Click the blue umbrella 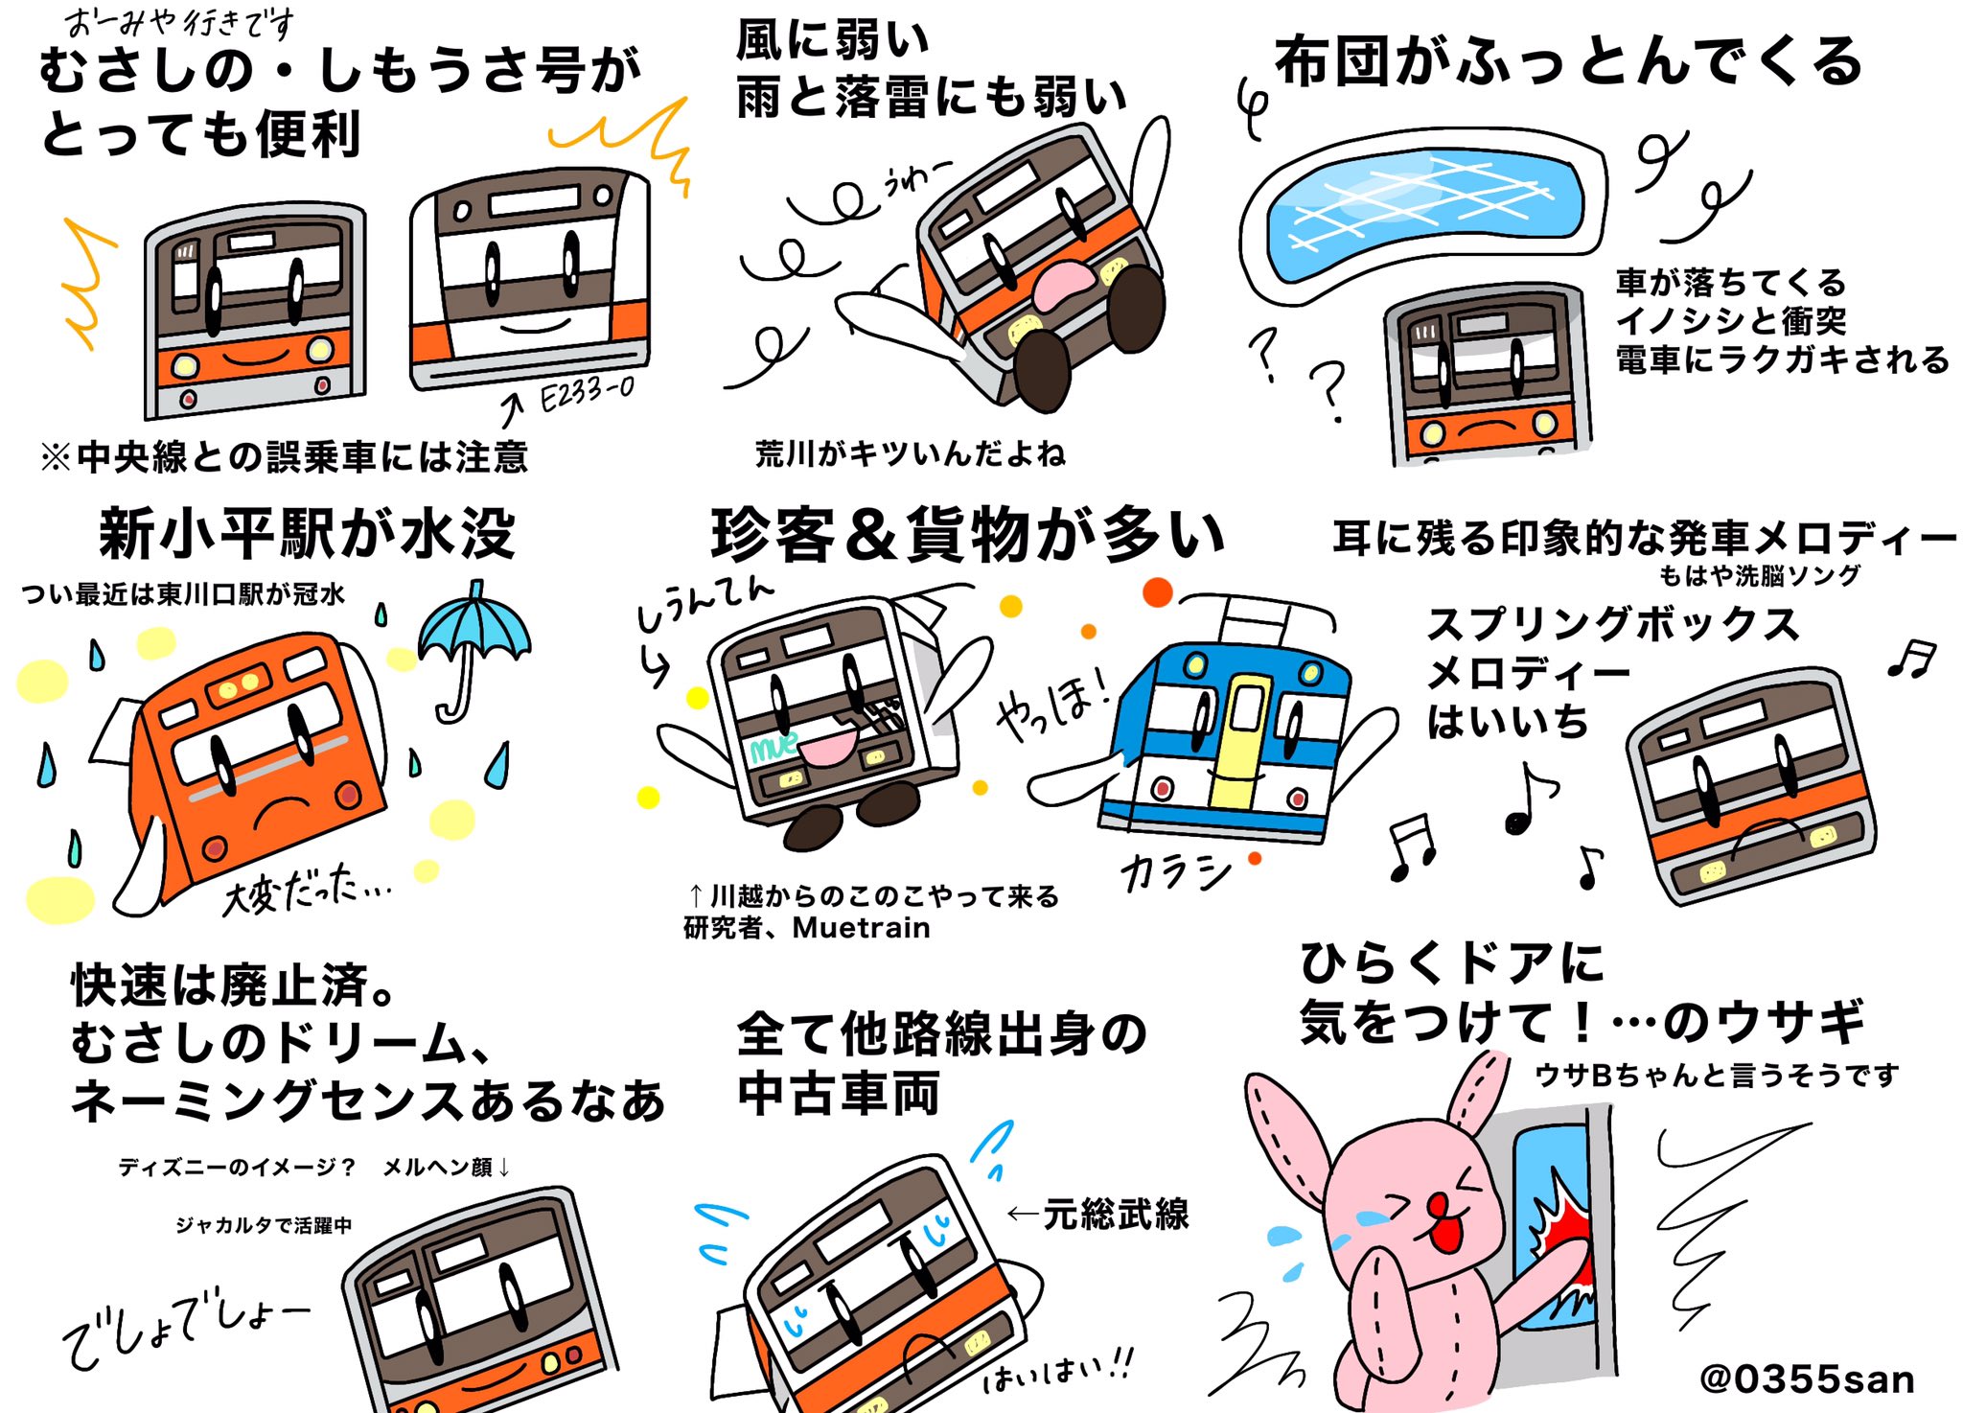[473, 633]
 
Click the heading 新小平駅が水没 [307, 534]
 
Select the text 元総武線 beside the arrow [1116, 1214]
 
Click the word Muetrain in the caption [861, 928]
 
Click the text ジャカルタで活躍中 [264, 1225]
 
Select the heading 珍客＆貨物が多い [968, 535]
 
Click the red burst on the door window [1562, 1237]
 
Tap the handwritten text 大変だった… [305, 891]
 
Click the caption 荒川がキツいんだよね [910, 453]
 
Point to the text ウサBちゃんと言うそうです [1716, 1076]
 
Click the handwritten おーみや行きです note [179, 21]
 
